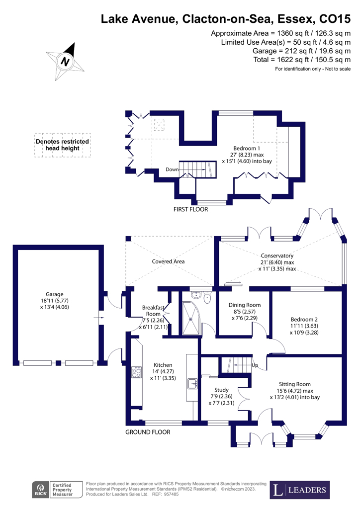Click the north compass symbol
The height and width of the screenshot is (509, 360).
tap(65, 61)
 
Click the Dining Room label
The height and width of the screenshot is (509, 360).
tap(244, 305)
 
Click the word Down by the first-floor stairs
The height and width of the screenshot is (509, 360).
tap(172, 170)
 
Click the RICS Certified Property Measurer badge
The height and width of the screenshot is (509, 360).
tap(54, 491)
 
